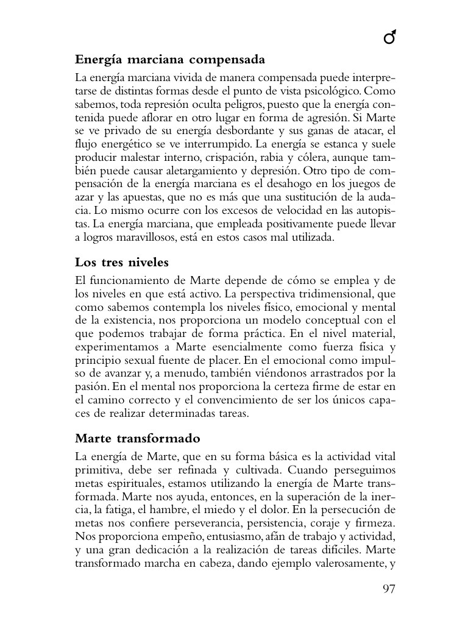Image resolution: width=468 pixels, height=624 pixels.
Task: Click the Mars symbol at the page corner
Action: click(x=390, y=39)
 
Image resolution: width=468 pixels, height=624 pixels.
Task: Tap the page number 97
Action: click(x=389, y=589)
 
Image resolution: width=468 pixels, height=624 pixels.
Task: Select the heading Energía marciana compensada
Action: click(x=170, y=60)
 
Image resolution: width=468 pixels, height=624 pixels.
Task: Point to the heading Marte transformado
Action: click(x=138, y=439)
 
